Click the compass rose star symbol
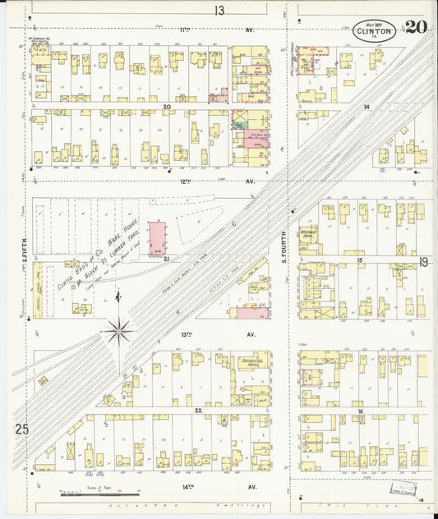click(x=118, y=331)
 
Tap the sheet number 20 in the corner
click(x=415, y=27)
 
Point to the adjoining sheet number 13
click(x=219, y=11)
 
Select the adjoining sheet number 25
click(x=21, y=429)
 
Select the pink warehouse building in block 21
click(x=156, y=237)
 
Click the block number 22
click(x=198, y=410)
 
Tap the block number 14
click(x=367, y=108)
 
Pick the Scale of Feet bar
click(x=89, y=495)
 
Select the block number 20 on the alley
click(x=166, y=107)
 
